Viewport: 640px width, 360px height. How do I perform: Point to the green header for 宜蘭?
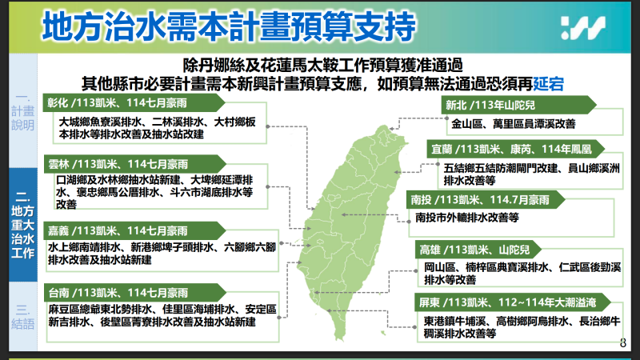513,150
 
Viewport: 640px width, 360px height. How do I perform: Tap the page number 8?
623,342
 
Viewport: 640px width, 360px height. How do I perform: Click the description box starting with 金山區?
513,124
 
